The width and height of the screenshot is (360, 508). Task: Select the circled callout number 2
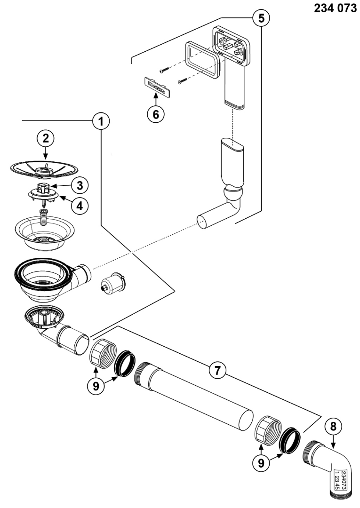click(x=46, y=139)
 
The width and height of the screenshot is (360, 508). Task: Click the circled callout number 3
click(x=80, y=185)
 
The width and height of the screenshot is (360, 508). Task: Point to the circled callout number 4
click(x=80, y=206)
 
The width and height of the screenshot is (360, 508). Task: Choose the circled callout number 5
click(x=258, y=18)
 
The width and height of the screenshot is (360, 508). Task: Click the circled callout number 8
click(x=333, y=426)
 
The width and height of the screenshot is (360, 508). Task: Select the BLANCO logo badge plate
click(x=155, y=88)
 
